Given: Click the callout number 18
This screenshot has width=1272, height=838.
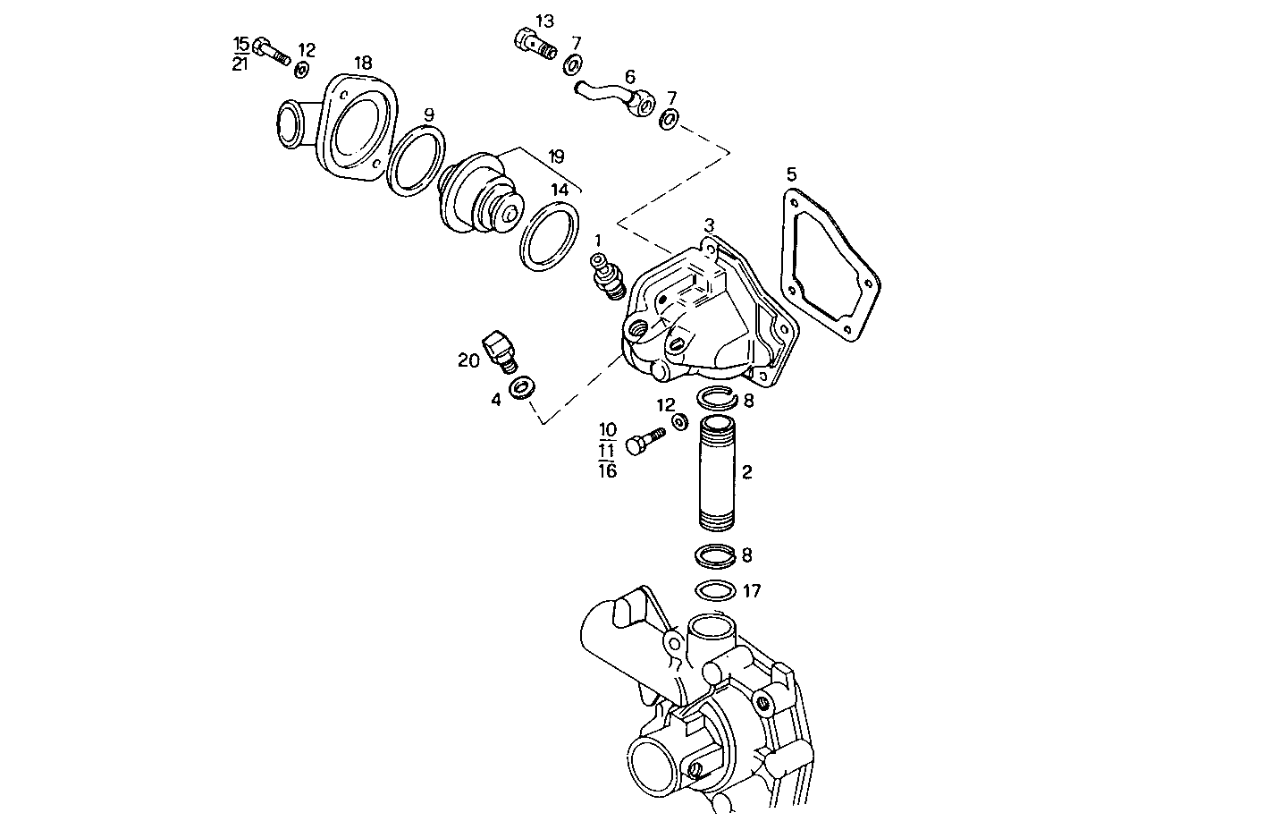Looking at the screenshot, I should tap(362, 63).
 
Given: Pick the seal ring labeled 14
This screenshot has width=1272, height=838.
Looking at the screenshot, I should tap(549, 235).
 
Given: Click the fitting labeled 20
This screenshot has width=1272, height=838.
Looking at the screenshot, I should tap(498, 351).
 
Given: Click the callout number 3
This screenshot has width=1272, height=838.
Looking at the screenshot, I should tap(709, 224).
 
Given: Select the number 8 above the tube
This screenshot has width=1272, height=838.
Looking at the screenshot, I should tap(748, 401).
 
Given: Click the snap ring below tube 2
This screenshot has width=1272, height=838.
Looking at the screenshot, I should tap(716, 554).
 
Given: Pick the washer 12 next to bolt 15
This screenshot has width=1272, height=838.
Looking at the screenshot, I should tap(302, 71).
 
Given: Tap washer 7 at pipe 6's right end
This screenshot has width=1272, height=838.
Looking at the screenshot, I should tap(669, 119).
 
